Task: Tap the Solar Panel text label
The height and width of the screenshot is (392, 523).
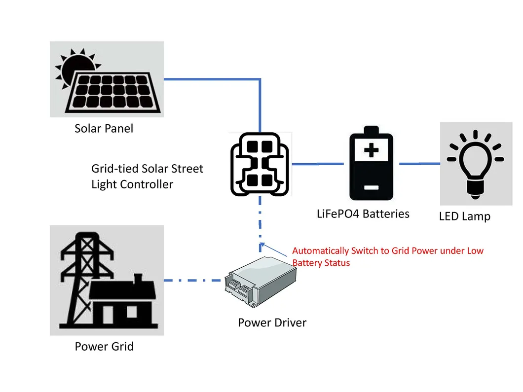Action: (x=104, y=129)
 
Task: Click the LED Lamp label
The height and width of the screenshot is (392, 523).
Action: (x=464, y=216)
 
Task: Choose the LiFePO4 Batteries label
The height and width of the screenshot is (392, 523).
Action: (x=363, y=214)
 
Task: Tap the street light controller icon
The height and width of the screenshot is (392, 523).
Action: (x=260, y=164)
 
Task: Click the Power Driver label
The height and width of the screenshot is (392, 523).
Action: (x=272, y=323)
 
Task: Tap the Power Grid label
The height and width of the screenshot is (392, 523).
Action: (x=104, y=346)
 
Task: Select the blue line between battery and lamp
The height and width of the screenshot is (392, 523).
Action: (x=419, y=163)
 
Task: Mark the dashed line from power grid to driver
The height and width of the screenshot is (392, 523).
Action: (x=192, y=281)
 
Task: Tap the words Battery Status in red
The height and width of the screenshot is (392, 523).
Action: (x=321, y=263)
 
